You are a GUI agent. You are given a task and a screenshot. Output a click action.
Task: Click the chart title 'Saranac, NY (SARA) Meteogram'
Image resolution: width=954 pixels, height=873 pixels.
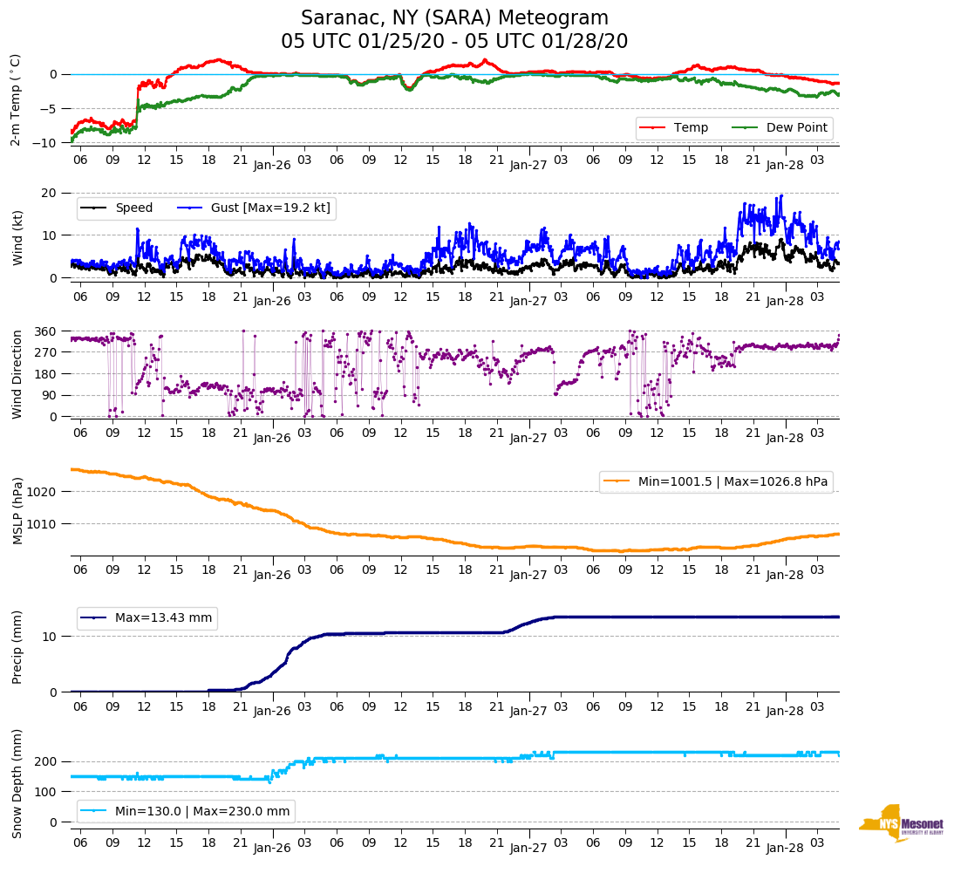coord(454,18)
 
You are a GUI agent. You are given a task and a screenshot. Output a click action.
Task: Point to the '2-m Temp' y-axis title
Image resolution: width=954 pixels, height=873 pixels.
coord(16,99)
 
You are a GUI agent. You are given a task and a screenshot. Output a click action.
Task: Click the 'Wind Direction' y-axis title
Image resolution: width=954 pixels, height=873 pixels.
coord(17,373)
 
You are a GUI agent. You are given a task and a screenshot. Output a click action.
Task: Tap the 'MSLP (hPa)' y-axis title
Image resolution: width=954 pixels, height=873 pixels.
coord(17,511)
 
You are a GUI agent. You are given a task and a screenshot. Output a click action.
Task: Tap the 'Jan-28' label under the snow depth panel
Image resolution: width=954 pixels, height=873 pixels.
coord(785,847)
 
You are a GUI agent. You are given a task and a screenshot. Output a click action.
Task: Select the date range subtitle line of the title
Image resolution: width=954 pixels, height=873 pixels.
coord(454,42)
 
